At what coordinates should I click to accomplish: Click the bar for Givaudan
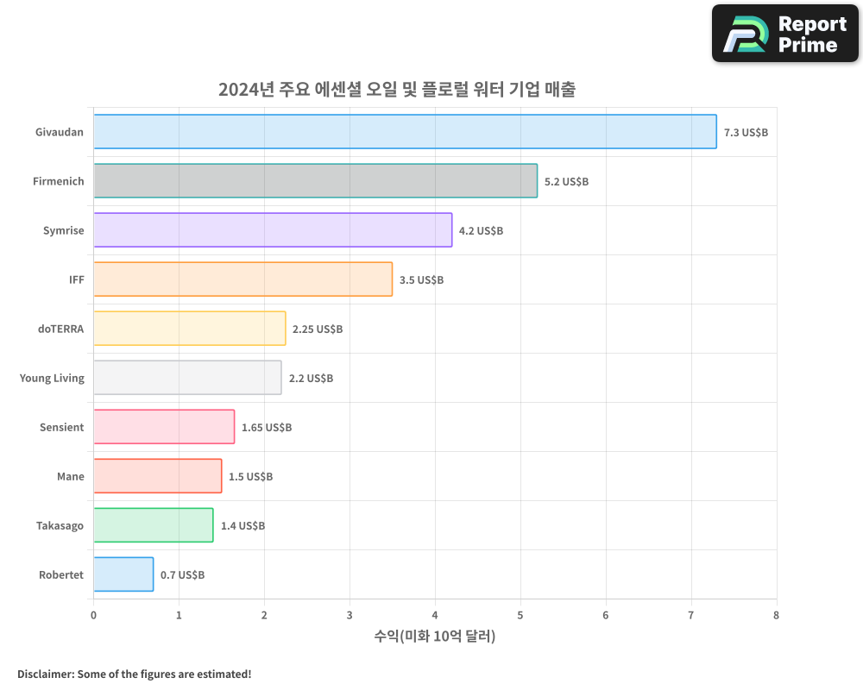pos(405,132)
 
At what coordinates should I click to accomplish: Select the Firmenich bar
pos(315,181)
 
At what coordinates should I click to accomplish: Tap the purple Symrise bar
pos(273,230)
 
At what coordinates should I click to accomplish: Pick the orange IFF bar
pos(243,279)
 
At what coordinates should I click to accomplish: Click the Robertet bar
pos(123,574)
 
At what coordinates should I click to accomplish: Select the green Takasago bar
pos(153,525)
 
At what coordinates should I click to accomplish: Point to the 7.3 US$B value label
pos(746,133)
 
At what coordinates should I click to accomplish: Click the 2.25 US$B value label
pos(318,329)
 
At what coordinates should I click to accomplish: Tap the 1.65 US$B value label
pos(267,428)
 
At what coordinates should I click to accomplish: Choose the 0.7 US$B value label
pos(183,575)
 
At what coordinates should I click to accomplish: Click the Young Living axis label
pos(52,378)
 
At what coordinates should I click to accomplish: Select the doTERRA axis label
pos(61,329)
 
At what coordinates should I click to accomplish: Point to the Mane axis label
pos(71,476)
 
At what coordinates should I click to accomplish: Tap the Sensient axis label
pos(62,427)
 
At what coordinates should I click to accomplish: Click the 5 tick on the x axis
pos(520,615)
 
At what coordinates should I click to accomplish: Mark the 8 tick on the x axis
pos(776,615)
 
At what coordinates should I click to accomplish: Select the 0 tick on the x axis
pos(93,615)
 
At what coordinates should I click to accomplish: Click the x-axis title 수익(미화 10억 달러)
pos(435,637)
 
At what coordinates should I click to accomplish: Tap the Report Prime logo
pos(785,34)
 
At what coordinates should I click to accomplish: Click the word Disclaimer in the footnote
pos(44,674)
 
